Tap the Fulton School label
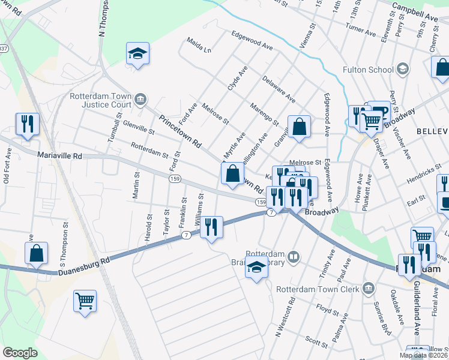[x=368, y=70]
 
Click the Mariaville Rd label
[x=59, y=155]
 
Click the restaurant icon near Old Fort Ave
[x=27, y=124]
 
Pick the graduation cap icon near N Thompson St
[x=137, y=53]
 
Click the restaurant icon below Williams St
[x=211, y=227]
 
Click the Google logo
[x=20, y=352]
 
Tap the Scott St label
[x=316, y=341]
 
